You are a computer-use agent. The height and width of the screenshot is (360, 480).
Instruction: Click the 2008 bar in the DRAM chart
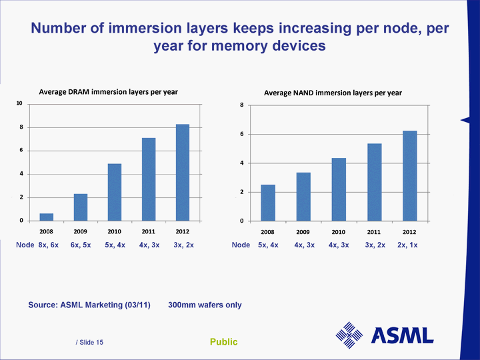click(x=47, y=217)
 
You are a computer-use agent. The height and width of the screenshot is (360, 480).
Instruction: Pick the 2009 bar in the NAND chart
click(x=303, y=197)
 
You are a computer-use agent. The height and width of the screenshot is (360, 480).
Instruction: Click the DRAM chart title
click(x=108, y=92)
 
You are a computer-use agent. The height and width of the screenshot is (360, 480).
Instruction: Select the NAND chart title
click(x=333, y=93)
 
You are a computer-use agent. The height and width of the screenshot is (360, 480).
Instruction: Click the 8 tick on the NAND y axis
click(x=241, y=105)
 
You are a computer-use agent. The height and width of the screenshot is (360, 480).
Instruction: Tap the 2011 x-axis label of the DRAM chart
click(x=148, y=231)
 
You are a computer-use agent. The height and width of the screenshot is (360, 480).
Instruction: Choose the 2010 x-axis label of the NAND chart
click(x=339, y=232)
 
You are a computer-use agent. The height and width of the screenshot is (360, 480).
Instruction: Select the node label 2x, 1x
click(x=407, y=245)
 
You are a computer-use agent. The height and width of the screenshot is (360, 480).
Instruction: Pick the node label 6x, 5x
click(x=81, y=245)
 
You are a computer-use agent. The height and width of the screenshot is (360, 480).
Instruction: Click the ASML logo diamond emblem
click(x=349, y=335)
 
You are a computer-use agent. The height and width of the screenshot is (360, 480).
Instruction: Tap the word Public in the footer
click(x=223, y=342)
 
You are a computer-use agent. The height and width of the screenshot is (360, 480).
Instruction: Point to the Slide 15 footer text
click(x=90, y=342)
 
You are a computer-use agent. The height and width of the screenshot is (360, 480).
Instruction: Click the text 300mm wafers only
click(x=205, y=305)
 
